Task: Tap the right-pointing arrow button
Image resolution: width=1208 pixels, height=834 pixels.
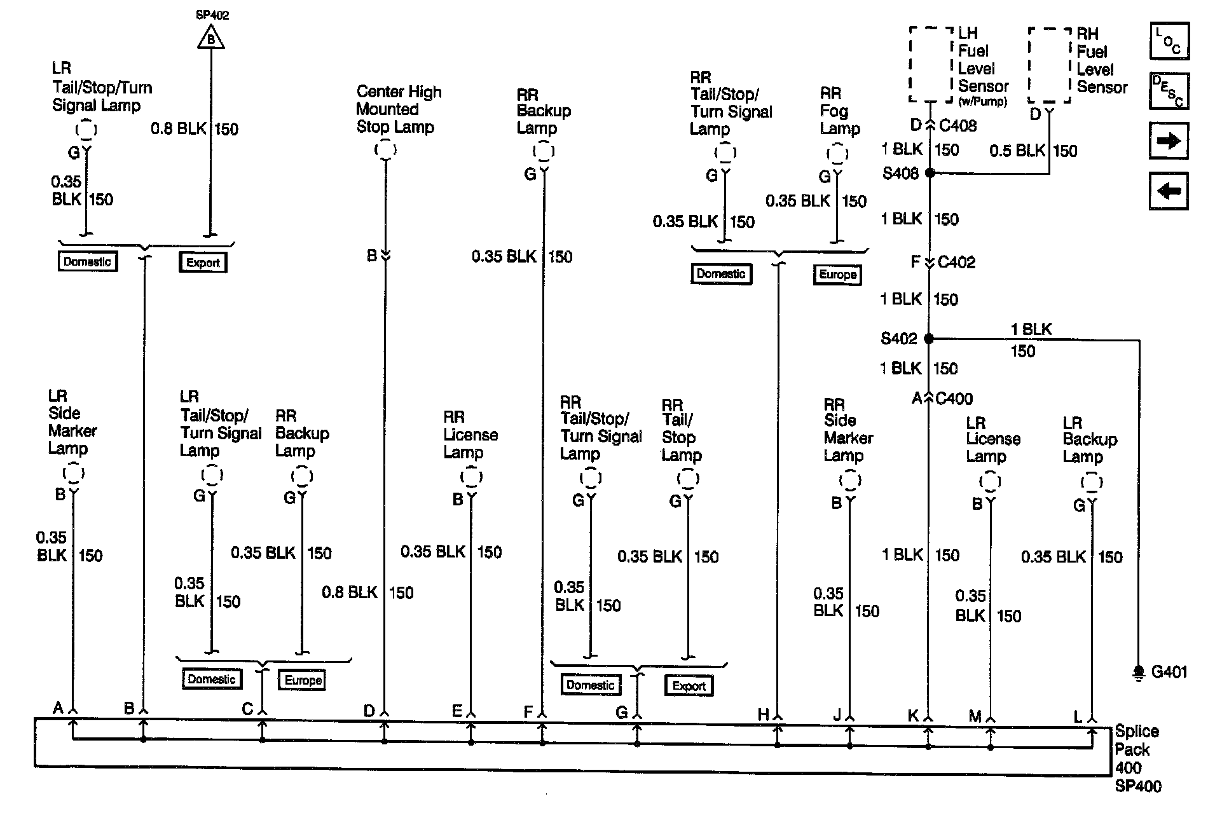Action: [x=1169, y=140]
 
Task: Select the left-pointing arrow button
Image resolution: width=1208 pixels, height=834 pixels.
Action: [x=1169, y=191]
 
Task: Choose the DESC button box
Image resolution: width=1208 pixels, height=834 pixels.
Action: [x=1169, y=91]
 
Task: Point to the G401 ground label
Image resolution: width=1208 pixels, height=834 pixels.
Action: [x=1169, y=672]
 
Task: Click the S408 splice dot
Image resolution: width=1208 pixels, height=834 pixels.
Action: [x=930, y=173]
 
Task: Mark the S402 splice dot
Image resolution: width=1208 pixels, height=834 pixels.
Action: [x=929, y=339]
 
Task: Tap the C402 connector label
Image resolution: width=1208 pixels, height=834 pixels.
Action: [x=956, y=262]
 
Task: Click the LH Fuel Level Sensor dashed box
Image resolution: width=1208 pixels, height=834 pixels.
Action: [x=931, y=64]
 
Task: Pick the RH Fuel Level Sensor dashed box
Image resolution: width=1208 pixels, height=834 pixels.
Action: [x=1049, y=65]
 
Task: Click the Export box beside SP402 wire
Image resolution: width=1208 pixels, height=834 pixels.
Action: [x=203, y=263]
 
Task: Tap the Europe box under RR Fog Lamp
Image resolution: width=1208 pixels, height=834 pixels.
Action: [x=837, y=275]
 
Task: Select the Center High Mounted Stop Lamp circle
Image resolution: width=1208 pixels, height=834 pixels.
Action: [x=385, y=150]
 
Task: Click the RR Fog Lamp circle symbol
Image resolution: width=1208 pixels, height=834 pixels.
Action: [x=837, y=154]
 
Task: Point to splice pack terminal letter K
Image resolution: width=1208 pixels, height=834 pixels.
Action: [x=913, y=715]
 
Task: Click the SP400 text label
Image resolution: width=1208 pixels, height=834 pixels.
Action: [x=1138, y=786]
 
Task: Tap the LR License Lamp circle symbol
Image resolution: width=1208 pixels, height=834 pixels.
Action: [x=989, y=482]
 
